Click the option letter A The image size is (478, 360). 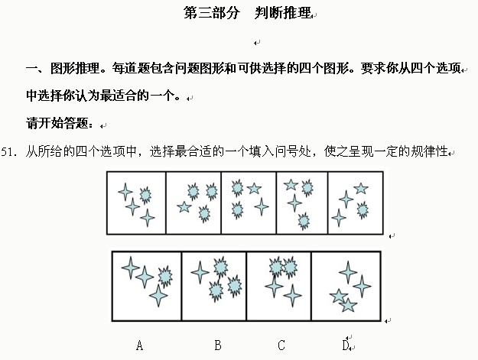[139, 345]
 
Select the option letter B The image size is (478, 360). [218, 345]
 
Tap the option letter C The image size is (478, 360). [281, 345]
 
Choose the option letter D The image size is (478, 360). [346, 345]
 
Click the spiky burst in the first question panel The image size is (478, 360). [145, 195]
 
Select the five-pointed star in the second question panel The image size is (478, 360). [184, 207]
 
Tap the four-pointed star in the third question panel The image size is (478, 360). [262, 206]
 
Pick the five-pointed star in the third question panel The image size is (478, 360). [254, 189]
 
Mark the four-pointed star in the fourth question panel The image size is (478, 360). [294, 203]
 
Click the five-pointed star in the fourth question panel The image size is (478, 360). [291, 184]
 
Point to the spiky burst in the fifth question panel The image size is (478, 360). [363, 210]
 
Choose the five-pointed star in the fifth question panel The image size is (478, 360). [361, 189]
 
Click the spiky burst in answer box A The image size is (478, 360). [165, 277]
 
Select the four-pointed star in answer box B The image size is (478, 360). [200, 272]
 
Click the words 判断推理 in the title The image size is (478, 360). [282, 13]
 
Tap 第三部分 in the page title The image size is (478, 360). [212, 13]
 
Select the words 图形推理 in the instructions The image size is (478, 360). [75, 68]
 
